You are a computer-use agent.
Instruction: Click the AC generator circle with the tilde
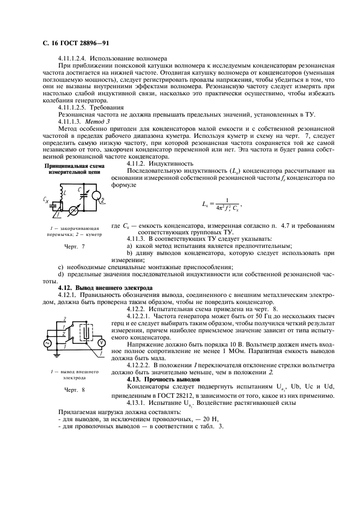click(47, 343)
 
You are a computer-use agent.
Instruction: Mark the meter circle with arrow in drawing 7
click(78, 209)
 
